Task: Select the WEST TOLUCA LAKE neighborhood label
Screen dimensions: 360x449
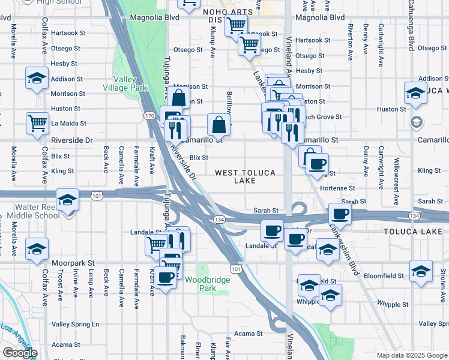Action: click(x=245, y=176)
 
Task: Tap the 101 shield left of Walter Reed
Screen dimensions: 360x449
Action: click(x=95, y=196)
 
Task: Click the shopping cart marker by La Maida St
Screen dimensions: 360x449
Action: click(x=37, y=123)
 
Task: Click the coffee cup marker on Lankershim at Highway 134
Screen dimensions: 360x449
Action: click(x=340, y=214)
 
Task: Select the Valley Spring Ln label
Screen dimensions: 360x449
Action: click(x=75, y=324)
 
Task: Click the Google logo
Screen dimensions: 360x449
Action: click(x=20, y=353)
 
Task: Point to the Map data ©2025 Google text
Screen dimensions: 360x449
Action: click(x=411, y=355)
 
